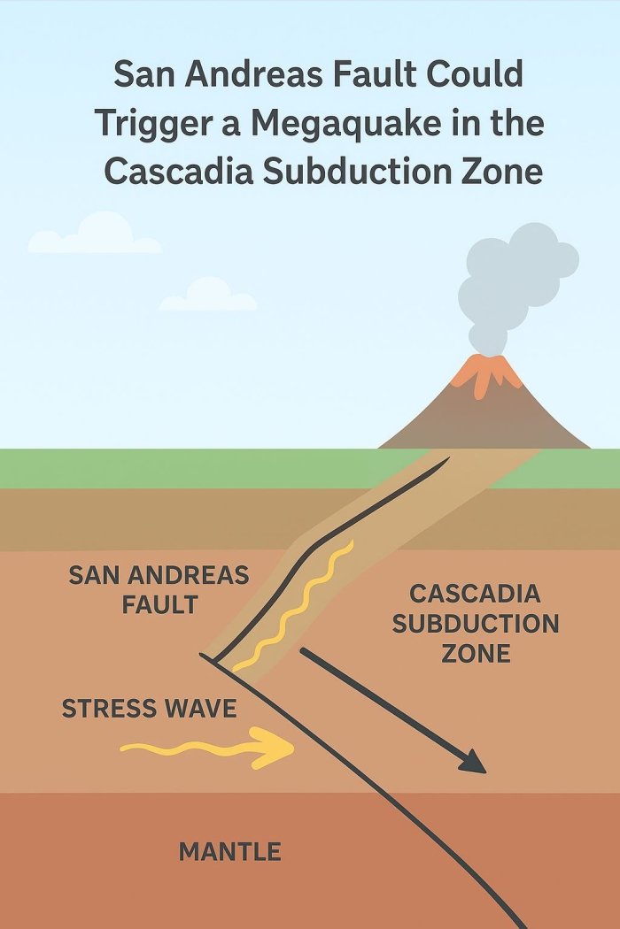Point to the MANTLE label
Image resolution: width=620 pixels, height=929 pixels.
230,852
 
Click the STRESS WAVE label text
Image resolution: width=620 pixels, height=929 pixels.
149,709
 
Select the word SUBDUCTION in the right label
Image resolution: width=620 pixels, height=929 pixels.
476,623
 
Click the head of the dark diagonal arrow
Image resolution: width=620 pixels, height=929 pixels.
473,762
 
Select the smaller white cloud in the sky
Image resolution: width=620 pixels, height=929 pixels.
209,296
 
